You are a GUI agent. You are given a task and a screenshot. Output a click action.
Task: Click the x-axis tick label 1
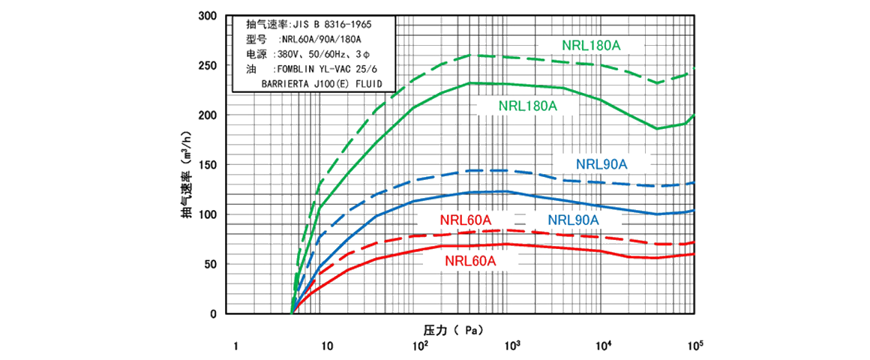pyautogui.click(x=235, y=346)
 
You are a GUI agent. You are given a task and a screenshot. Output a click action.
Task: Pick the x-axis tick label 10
pyautogui.click(x=327, y=346)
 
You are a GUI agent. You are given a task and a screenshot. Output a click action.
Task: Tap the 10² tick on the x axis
pyautogui.click(x=420, y=345)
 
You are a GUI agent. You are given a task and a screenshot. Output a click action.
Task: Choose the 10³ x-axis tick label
pyautogui.click(x=512, y=345)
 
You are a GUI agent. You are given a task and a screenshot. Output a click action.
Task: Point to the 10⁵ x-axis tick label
pyautogui.click(x=695, y=345)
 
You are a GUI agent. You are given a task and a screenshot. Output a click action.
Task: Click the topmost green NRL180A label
pyautogui.click(x=592, y=45)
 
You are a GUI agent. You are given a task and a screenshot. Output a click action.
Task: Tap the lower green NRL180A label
pyautogui.click(x=528, y=106)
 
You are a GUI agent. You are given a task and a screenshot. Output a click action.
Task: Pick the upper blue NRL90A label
pyautogui.click(x=601, y=163)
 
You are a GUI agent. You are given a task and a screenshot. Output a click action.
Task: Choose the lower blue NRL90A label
pyautogui.click(x=573, y=220)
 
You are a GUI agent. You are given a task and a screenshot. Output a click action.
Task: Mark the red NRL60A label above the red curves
pyautogui.click(x=465, y=220)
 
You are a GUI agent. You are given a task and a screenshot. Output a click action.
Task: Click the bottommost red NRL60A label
pyautogui.click(x=470, y=261)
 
